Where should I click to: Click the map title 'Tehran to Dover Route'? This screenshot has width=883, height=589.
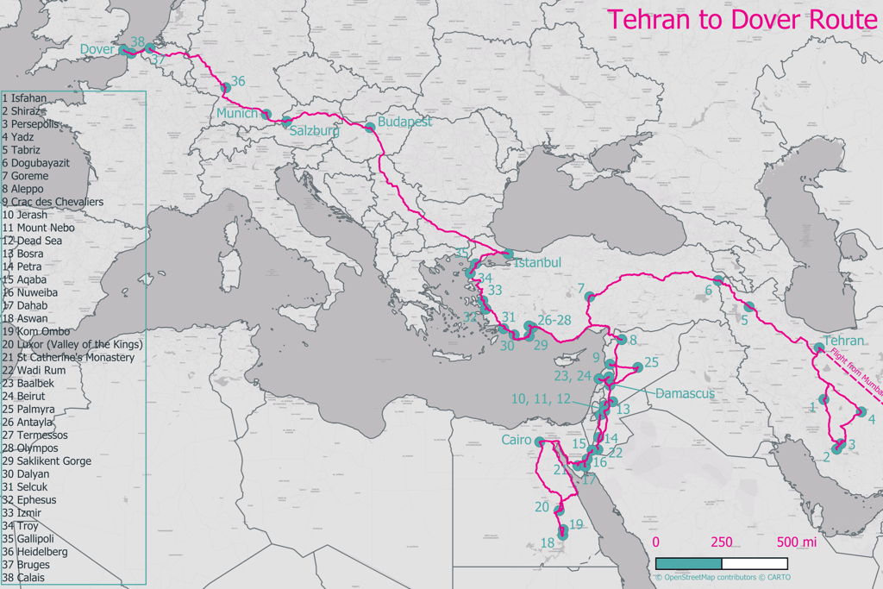point(742,20)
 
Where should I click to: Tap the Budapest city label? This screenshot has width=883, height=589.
point(404,122)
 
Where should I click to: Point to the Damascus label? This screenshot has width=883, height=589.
point(685,393)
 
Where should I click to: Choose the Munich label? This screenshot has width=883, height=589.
point(237,114)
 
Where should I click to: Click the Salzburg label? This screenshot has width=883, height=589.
point(314,132)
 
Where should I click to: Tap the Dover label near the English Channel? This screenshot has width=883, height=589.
point(97,50)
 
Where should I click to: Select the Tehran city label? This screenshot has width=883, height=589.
point(843,341)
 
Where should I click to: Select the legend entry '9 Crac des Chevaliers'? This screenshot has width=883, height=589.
point(53,202)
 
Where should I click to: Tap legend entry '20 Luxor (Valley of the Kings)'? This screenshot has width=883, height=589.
point(72,344)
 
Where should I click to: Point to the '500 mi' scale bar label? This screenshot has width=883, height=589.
point(796,542)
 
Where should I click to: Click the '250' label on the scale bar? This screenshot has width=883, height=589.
point(722,542)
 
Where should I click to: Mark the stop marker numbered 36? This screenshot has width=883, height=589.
point(226,88)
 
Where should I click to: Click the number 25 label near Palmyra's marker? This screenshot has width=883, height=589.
point(651,362)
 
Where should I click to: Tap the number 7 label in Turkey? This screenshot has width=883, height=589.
point(581,288)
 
